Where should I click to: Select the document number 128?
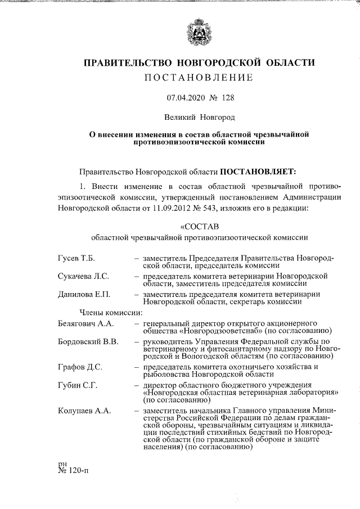(x=228, y=98)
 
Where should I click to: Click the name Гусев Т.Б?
(x=76, y=258)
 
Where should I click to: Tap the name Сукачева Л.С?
(x=83, y=276)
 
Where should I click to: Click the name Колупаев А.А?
(x=84, y=411)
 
